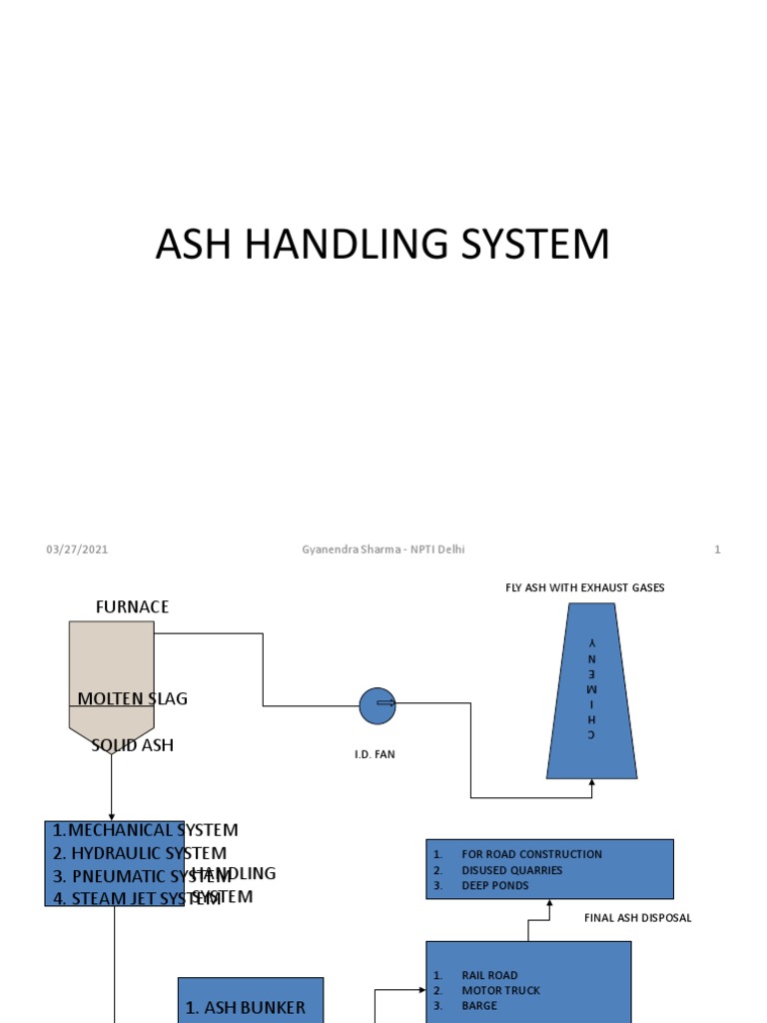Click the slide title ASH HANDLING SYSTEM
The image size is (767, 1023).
(383, 245)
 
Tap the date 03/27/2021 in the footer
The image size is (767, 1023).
(77, 549)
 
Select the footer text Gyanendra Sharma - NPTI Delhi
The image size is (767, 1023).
(383, 549)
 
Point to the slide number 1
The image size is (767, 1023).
(717, 549)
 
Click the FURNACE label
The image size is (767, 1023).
(132, 606)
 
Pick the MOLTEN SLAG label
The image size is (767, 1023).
(132, 698)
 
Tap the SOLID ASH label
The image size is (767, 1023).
(132, 745)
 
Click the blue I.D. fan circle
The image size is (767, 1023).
(378, 705)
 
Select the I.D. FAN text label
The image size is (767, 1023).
(375, 754)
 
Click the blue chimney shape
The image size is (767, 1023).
(591, 699)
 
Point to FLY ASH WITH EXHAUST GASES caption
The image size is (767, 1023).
(584, 587)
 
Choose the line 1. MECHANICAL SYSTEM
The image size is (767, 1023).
(146, 830)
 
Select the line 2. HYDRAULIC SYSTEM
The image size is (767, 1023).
(140, 853)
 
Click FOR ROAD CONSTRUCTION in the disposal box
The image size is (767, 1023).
(531, 854)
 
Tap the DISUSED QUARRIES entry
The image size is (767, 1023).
(511, 870)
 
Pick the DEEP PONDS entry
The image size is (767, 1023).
(495, 885)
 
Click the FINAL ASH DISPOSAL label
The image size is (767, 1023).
(637, 917)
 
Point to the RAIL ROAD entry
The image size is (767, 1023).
(489, 975)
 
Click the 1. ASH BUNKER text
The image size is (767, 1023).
(246, 1008)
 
